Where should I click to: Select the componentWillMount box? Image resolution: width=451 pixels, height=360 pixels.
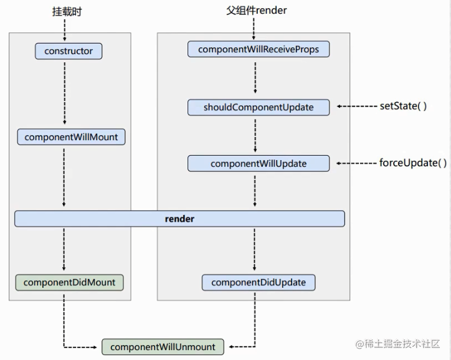[71, 137]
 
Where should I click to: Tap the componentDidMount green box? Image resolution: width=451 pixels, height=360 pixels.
[69, 282]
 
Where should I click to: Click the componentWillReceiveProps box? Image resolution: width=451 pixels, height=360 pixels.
[258, 49]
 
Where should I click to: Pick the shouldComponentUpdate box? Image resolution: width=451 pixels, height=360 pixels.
[259, 107]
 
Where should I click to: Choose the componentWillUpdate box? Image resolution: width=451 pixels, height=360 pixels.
[259, 163]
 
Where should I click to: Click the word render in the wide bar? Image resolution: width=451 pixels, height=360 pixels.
[179, 219]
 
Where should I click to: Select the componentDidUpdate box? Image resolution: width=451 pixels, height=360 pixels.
[259, 282]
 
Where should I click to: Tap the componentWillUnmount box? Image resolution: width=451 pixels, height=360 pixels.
[163, 346]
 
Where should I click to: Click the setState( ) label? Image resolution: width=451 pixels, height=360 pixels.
[403, 106]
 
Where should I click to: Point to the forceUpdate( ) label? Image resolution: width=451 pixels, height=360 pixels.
[413, 163]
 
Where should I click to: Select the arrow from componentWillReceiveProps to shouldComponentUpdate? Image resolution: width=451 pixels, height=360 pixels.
[255, 77]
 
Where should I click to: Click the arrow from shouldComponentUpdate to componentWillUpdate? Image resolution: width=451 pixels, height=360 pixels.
[255, 135]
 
